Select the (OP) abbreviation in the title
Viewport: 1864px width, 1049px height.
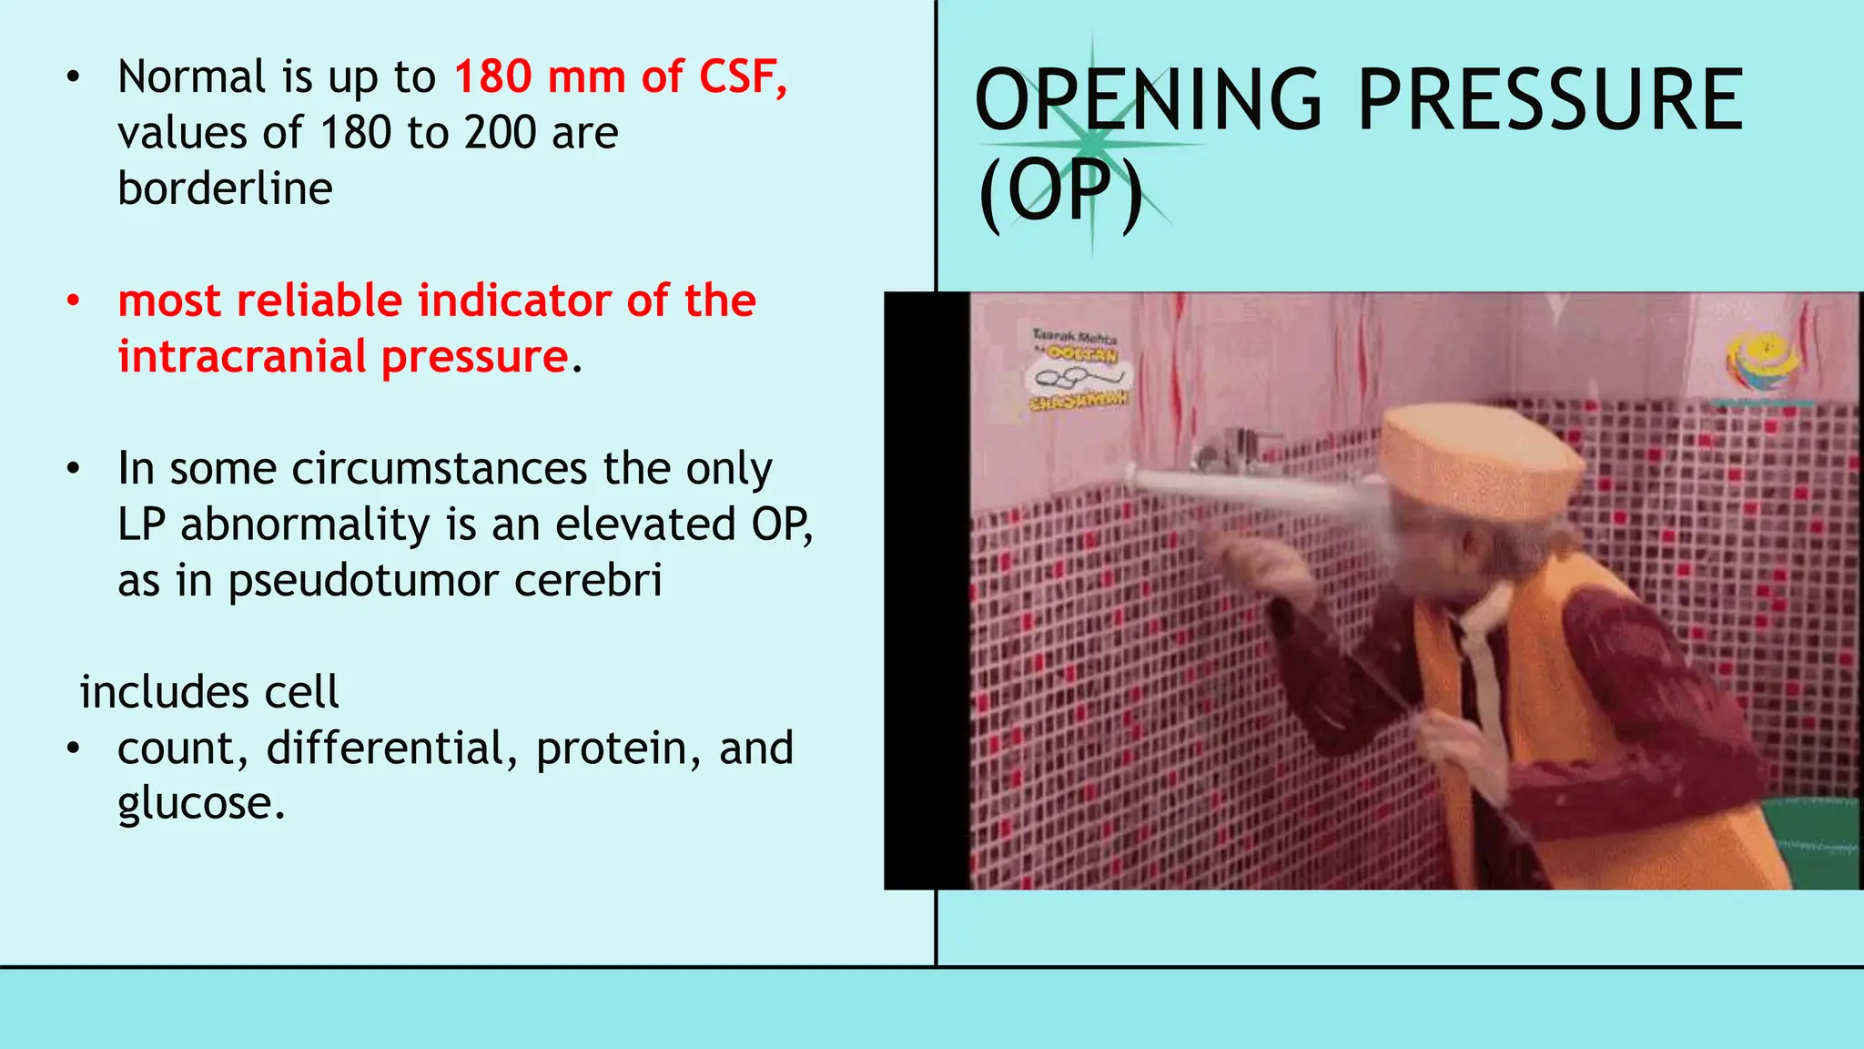[1059, 193]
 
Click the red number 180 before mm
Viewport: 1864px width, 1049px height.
[493, 76]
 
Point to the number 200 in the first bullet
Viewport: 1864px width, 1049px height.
[501, 133]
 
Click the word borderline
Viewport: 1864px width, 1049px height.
[225, 189]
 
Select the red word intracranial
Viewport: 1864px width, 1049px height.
[241, 356]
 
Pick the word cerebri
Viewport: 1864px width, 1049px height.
[588, 580]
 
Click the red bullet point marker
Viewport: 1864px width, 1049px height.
[74, 300]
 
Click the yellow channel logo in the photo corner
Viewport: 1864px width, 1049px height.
[1763, 364]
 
